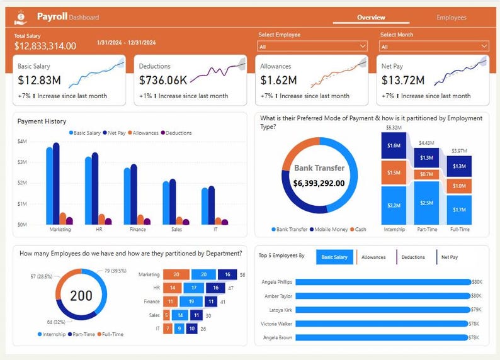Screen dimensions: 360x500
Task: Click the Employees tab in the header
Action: pyautogui.click(x=451, y=18)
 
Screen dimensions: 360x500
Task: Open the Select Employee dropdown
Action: pyautogui.click(x=312, y=47)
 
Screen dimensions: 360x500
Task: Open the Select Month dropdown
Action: pyautogui.click(x=434, y=47)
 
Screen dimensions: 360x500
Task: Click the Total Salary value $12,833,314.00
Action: pyautogui.click(x=45, y=46)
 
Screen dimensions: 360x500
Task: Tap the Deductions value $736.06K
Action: pyautogui.click(x=163, y=81)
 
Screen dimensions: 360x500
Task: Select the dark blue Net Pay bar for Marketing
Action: pyautogui.click(x=56, y=183)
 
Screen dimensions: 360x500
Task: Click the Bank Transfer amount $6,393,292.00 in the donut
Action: pyautogui.click(x=319, y=183)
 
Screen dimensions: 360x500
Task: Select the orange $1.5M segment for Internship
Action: pyautogui.click(x=394, y=172)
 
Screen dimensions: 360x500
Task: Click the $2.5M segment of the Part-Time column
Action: pyautogui.click(x=426, y=202)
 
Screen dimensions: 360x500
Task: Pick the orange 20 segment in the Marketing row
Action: pyautogui.click(x=176, y=275)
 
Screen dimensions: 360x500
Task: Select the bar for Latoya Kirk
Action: pyautogui.click(x=382, y=310)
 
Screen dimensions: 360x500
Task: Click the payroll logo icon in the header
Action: pyautogui.click(x=21, y=18)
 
